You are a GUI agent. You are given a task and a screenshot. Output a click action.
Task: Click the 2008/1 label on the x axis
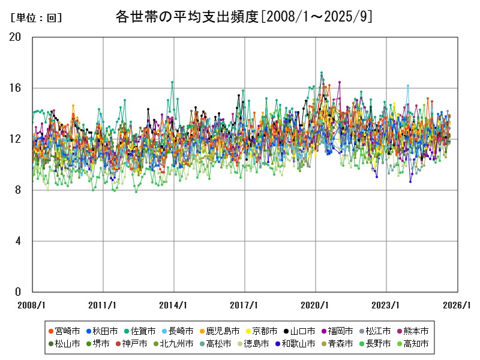pos(32,305)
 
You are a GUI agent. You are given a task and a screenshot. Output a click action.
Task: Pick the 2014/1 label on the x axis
pos(174,305)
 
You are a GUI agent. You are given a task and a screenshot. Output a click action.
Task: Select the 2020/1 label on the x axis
pos(316,305)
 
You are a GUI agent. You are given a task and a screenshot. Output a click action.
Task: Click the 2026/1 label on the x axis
pos(458,305)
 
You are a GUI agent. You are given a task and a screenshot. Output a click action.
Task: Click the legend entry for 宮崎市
pos(62,331)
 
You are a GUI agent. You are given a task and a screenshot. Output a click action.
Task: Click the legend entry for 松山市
pos(62,344)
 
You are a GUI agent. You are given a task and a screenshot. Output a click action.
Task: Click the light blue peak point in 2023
pos(407,86)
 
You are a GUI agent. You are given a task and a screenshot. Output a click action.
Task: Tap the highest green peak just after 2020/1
pos(322,73)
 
